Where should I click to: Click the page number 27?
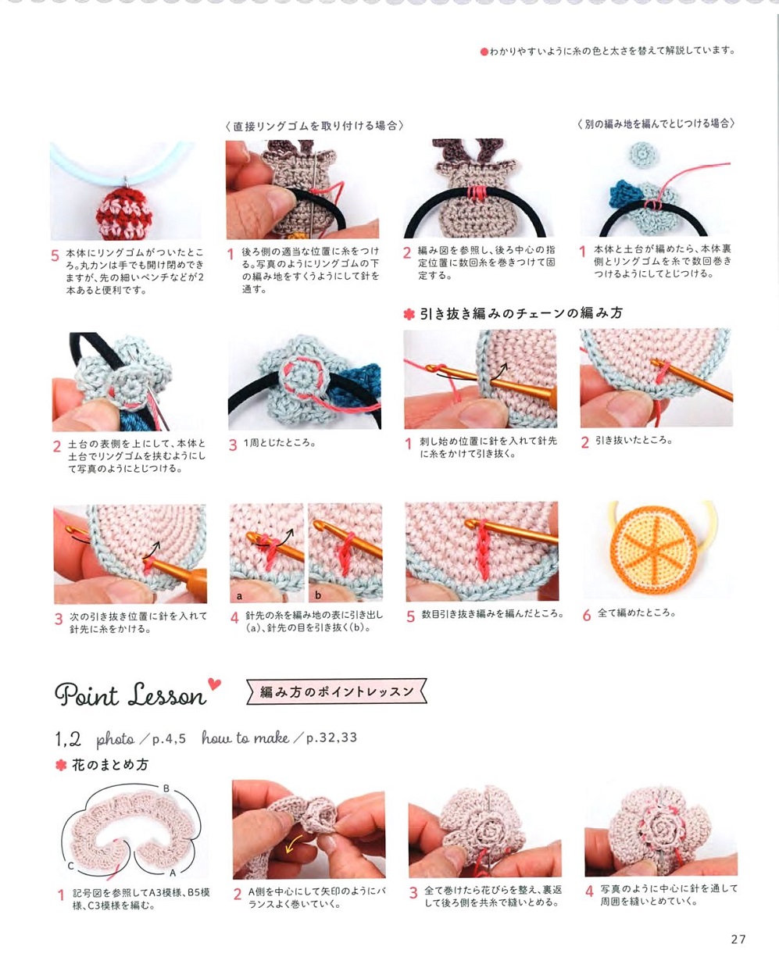[738, 939]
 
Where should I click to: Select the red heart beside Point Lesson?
[214, 684]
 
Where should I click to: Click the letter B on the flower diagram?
[166, 788]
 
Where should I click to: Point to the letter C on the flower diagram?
[70, 866]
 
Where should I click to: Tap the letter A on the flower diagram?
[173, 873]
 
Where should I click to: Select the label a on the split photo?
[239, 596]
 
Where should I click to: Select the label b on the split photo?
[318, 595]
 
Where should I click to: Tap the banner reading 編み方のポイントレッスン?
[336, 691]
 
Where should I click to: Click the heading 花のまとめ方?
[110, 765]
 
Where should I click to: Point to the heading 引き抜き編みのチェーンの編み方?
[521, 313]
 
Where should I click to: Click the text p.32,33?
[331, 738]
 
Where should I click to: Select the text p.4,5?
[169, 739]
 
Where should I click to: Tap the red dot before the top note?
[484, 52]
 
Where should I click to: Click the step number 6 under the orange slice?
[586, 615]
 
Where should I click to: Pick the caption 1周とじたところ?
[280, 443]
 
